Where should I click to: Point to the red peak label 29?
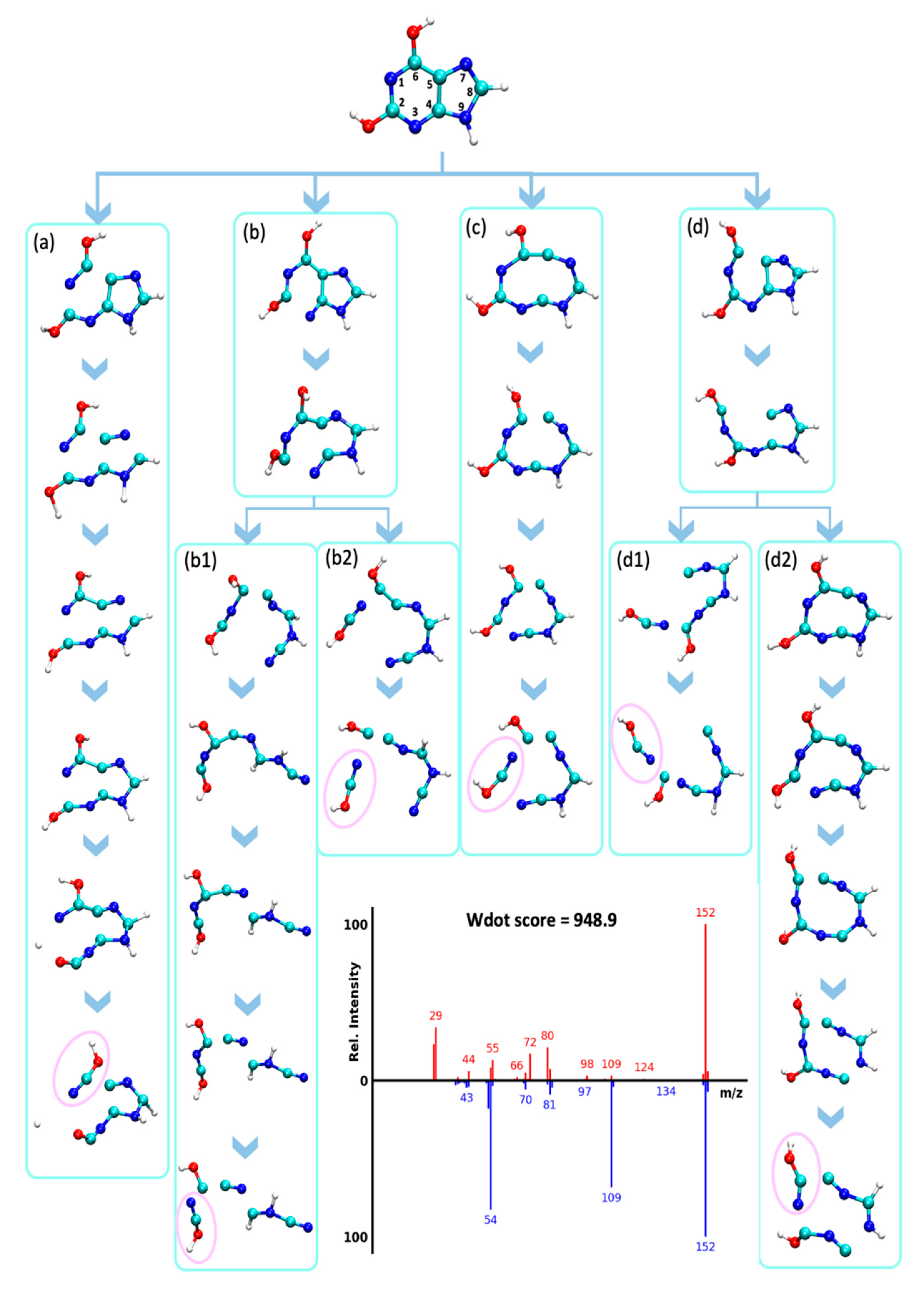[x=436, y=1015]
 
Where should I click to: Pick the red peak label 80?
[x=547, y=1036]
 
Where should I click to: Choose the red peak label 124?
[x=644, y=1067]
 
